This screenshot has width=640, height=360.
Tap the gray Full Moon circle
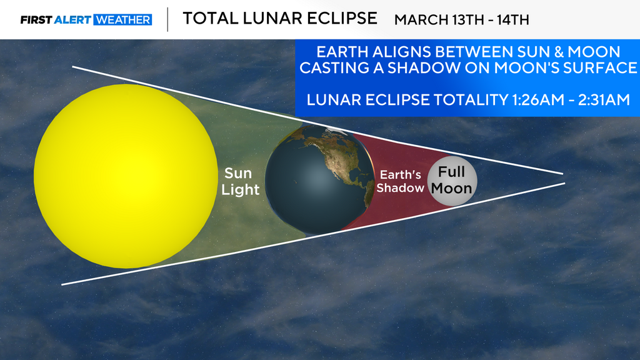click(x=452, y=181)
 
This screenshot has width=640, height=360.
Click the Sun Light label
click(x=241, y=181)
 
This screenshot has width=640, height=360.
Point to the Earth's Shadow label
click(x=401, y=181)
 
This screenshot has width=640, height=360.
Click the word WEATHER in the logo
click(x=122, y=20)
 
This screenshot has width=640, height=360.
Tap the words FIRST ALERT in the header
click(x=56, y=20)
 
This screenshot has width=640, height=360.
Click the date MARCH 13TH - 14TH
click(x=462, y=20)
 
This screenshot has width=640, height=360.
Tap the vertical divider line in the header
click(x=167, y=19)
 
